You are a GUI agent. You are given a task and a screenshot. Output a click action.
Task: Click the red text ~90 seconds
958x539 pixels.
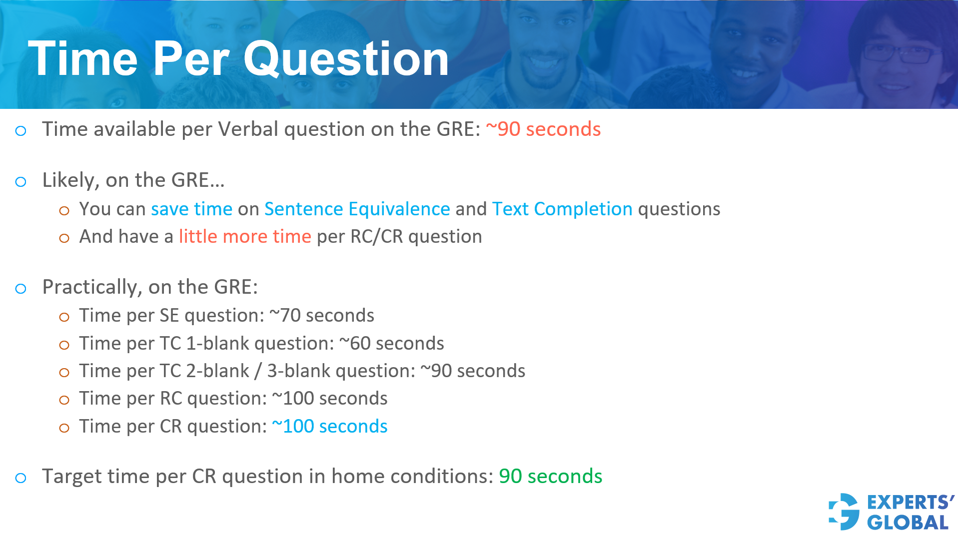click(x=543, y=129)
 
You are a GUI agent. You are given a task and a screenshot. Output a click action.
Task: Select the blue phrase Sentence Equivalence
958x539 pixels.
click(x=357, y=209)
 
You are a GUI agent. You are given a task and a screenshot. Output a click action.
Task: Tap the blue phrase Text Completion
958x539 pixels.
click(x=562, y=209)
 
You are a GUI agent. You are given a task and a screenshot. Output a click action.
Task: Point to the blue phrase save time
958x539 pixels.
click(x=191, y=209)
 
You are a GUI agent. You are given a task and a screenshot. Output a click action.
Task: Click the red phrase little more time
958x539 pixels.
click(x=245, y=236)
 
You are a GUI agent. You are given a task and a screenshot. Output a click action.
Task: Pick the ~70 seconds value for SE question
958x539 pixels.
click(x=322, y=316)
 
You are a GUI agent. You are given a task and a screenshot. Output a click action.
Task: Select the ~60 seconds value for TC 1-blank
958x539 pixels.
click(x=391, y=344)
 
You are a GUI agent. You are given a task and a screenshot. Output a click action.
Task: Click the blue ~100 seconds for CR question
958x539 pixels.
click(x=329, y=427)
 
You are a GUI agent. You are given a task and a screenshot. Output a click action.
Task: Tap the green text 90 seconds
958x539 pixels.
click(x=550, y=477)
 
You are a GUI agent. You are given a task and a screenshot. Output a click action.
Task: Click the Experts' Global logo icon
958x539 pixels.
click(x=844, y=512)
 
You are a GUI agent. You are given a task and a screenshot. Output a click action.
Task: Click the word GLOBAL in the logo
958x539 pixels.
click(x=908, y=523)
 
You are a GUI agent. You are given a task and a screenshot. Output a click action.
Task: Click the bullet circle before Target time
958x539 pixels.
click(x=20, y=478)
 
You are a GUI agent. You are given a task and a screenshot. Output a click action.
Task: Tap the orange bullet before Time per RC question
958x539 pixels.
click(x=64, y=400)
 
